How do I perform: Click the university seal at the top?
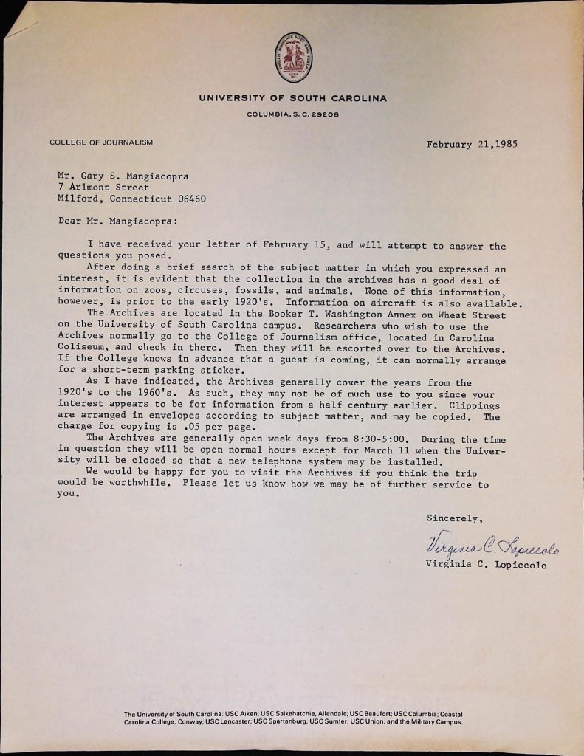click(293, 58)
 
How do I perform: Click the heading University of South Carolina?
click(292, 98)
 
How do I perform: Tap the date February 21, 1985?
click(471, 144)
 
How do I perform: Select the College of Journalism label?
click(101, 142)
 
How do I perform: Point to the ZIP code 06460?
click(191, 199)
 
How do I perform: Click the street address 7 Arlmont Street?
click(103, 188)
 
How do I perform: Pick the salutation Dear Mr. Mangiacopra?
click(117, 220)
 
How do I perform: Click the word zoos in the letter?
click(158, 291)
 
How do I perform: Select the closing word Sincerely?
click(455, 518)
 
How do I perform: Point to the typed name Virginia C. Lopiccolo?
click(486, 566)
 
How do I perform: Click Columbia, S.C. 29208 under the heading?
click(292, 115)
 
